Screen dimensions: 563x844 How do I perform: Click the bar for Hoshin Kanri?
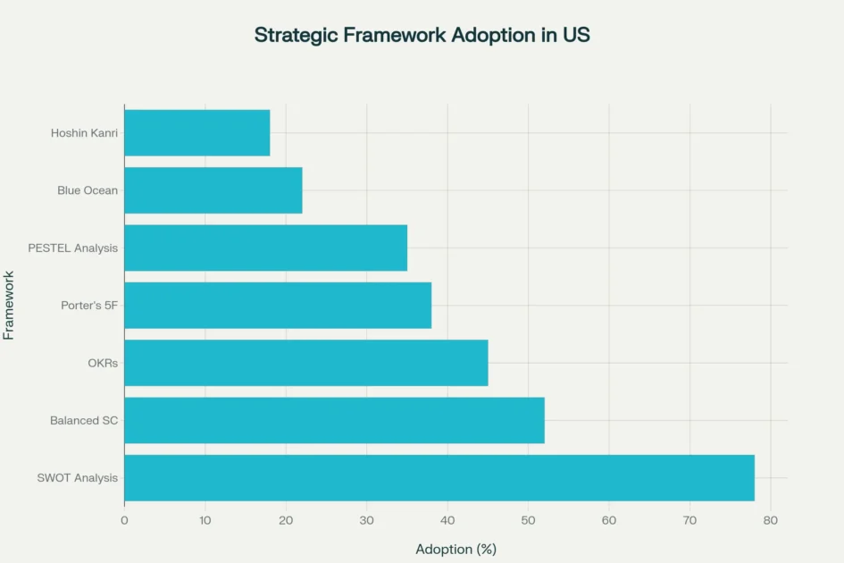click(196, 133)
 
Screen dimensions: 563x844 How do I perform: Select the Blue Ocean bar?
click(213, 190)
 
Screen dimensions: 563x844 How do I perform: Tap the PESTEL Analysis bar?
click(265, 248)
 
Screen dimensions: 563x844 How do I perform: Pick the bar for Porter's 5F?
click(278, 306)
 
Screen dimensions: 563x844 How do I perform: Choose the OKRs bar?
click(305, 363)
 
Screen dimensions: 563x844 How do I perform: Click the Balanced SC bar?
click(334, 420)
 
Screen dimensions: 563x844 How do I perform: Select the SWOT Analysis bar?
click(439, 477)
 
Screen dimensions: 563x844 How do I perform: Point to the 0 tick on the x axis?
click(124, 519)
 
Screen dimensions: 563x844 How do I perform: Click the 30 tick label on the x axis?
click(366, 519)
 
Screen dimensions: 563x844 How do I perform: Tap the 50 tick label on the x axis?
click(528, 519)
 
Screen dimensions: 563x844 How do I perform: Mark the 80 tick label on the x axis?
click(771, 519)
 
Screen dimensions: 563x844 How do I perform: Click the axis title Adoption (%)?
click(455, 549)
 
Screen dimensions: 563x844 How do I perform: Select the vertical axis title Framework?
click(9, 305)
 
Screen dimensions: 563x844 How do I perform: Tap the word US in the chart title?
click(576, 36)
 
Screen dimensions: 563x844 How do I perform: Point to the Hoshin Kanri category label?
click(84, 133)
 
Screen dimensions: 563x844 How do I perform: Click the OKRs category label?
click(103, 363)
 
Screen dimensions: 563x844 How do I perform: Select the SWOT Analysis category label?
click(77, 477)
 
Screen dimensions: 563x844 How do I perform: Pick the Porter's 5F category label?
click(89, 306)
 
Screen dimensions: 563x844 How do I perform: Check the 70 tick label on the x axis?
click(689, 519)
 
